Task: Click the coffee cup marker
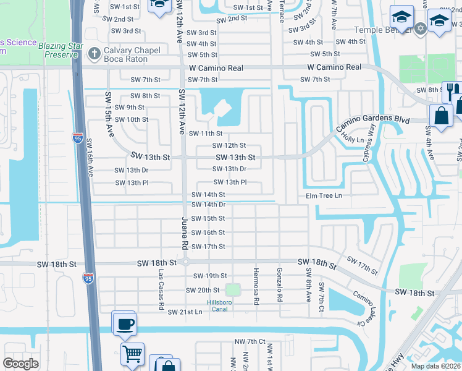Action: [124, 323]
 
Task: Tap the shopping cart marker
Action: [132, 355]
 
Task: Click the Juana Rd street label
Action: [184, 232]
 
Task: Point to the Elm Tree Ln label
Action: [324, 195]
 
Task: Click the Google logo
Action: [21, 363]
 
